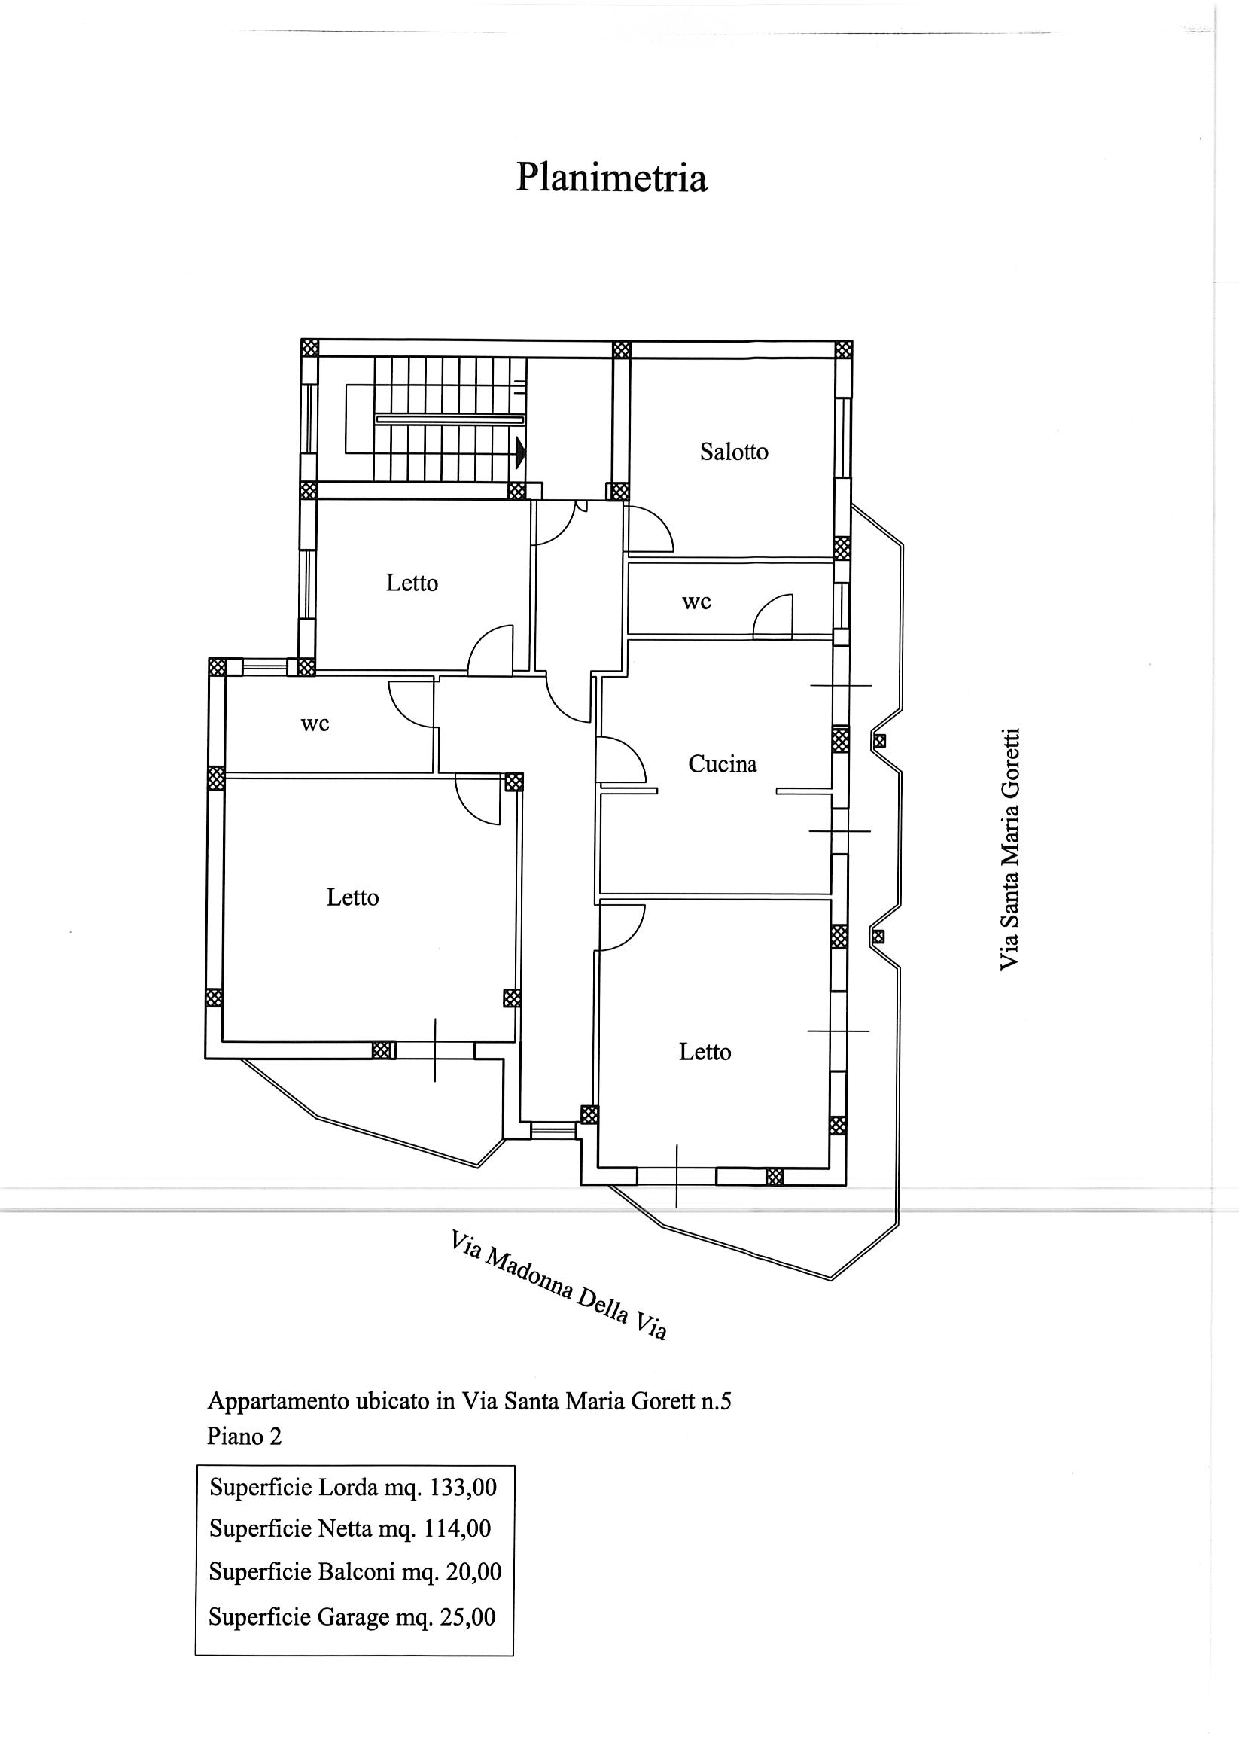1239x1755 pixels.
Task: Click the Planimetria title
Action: point(611,178)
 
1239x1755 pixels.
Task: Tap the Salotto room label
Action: point(734,452)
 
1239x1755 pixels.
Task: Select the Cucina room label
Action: point(723,763)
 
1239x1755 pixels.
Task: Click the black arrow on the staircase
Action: point(521,452)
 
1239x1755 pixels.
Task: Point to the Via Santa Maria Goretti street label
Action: point(1009,849)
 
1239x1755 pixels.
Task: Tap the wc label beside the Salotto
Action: point(696,602)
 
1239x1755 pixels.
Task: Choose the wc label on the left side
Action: point(315,724)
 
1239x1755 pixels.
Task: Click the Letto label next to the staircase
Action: point(412,583)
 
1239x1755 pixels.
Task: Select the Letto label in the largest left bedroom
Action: point(353,897)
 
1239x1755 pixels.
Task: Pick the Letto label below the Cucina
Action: point(705,1052)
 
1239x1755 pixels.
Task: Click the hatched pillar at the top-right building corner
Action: point(843,349)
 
